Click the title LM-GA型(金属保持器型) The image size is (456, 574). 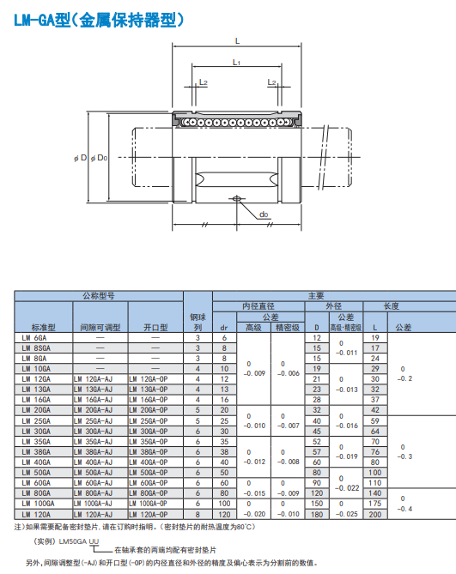point(99,21)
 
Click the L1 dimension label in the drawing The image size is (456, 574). point(237,63)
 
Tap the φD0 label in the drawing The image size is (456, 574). point(99,158)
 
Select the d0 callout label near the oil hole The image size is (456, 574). point(264,214)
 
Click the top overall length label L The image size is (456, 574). point(237,41)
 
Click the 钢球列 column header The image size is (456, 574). point(198,322)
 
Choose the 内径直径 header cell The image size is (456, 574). point(258,306)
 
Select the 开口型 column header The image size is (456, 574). point(155,327)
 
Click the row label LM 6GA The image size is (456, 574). point(34,338)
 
